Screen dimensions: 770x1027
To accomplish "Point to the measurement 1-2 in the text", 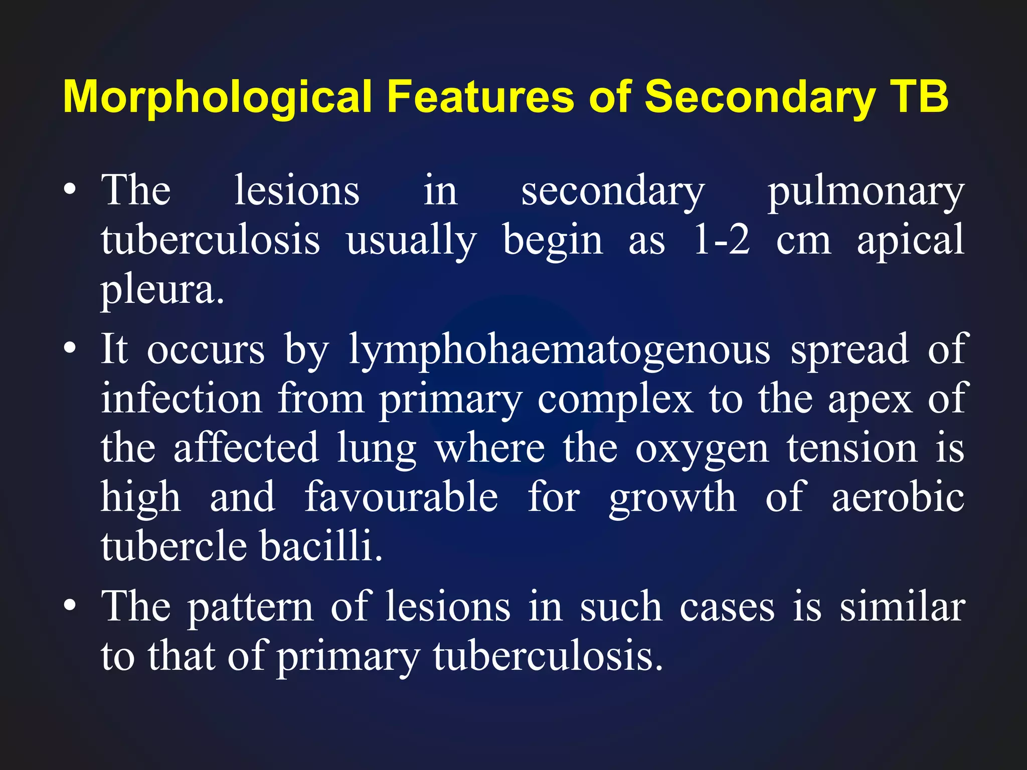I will point(722,241).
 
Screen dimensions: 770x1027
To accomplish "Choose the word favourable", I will point(401,497).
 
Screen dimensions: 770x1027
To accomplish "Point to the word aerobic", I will point(898,497).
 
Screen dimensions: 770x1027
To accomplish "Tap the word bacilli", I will point(321,546).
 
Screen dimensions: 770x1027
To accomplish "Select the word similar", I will point(902,607).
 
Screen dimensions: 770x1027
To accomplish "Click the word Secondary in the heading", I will point(761,98).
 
